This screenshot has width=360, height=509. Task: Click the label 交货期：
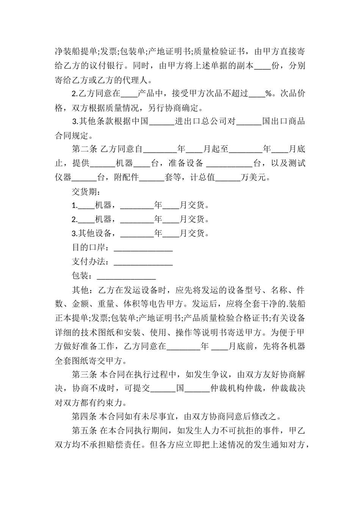[x=85, y=191]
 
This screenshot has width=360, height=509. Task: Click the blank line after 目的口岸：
[x=143, y=248]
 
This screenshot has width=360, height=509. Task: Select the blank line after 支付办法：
[x=143, y=262]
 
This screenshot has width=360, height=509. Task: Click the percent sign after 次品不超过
[x=268, y=94]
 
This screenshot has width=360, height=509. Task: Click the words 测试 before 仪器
[x=297, y=163]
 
